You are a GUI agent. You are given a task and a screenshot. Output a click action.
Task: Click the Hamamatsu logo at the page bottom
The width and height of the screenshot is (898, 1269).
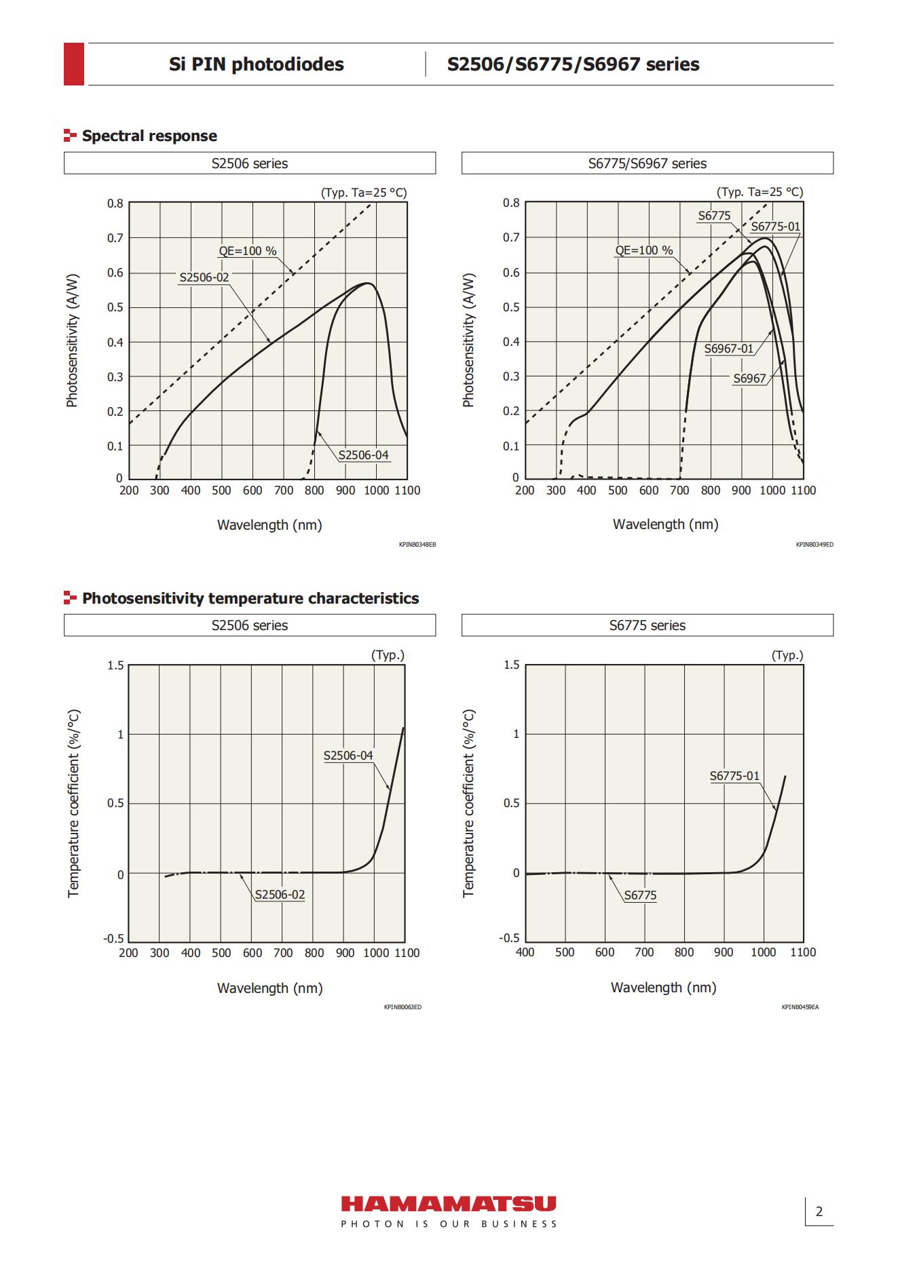pyautogui.click(x=449, y=1211)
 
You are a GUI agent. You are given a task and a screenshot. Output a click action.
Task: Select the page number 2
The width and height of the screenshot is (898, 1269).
pyautogui.click(x=819, y=1211)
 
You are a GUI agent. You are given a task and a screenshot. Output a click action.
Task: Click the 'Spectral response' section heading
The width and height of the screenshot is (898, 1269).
pyautogui.click(x=149, y=136)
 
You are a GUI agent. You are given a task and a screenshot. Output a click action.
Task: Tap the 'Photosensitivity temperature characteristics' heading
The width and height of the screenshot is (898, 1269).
pyautogui.click(x=250, y=598)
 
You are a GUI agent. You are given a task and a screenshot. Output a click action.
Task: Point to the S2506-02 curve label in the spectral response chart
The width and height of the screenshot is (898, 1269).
pyautogui.click(x=204, y=277)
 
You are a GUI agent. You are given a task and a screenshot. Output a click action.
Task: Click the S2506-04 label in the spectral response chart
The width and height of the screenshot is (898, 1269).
pyautogui.click(x=364, y=454)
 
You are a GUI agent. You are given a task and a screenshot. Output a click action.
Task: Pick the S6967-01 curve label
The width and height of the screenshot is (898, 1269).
pyautogui.click(x=729, y=349)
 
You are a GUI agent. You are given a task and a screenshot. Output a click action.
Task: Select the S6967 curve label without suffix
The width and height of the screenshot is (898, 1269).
pyautogui.click(x=749, y=378)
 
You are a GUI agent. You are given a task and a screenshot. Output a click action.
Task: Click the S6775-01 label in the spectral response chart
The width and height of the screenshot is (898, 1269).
pyautogui.click(x=775, y=227)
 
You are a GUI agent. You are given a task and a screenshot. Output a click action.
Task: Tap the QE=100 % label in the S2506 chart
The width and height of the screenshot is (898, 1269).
pyautogui.click(x=248, y=251)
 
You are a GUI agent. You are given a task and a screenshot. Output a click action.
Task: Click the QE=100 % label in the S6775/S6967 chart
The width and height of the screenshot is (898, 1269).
pyautogui.click(x=644, y=250)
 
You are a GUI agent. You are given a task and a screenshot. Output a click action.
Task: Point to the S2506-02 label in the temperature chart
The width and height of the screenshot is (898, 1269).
pyautogui.click(x=280, y=895)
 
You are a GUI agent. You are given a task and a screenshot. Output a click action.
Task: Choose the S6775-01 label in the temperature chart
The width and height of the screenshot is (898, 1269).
pyautogui.click(x=735, y=776)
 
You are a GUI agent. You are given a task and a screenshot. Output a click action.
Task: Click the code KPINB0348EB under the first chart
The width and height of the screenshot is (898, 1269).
pyautogui.click(x=417, y=545)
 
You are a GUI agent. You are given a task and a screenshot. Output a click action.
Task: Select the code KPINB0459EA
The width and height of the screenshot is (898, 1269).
pyautogui.click(x=800, y=1007)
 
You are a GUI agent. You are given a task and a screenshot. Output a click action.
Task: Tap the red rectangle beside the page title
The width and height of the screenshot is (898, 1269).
pyautogui.click(x=74, y=64)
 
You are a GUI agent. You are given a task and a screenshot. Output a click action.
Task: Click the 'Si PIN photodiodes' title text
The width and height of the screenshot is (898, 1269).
pyautogui.click(x=257, y=64)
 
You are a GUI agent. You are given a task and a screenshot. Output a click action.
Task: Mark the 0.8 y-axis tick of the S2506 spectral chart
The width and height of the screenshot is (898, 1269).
pyautogui.click(x=115, y=203)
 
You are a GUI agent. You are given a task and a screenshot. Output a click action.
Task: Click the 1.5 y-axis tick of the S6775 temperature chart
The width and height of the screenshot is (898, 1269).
pyautogui.click(x=512, y=665)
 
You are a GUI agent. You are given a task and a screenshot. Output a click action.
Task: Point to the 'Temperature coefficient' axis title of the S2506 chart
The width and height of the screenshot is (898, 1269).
pyautogui.click(x=74, y=804)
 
